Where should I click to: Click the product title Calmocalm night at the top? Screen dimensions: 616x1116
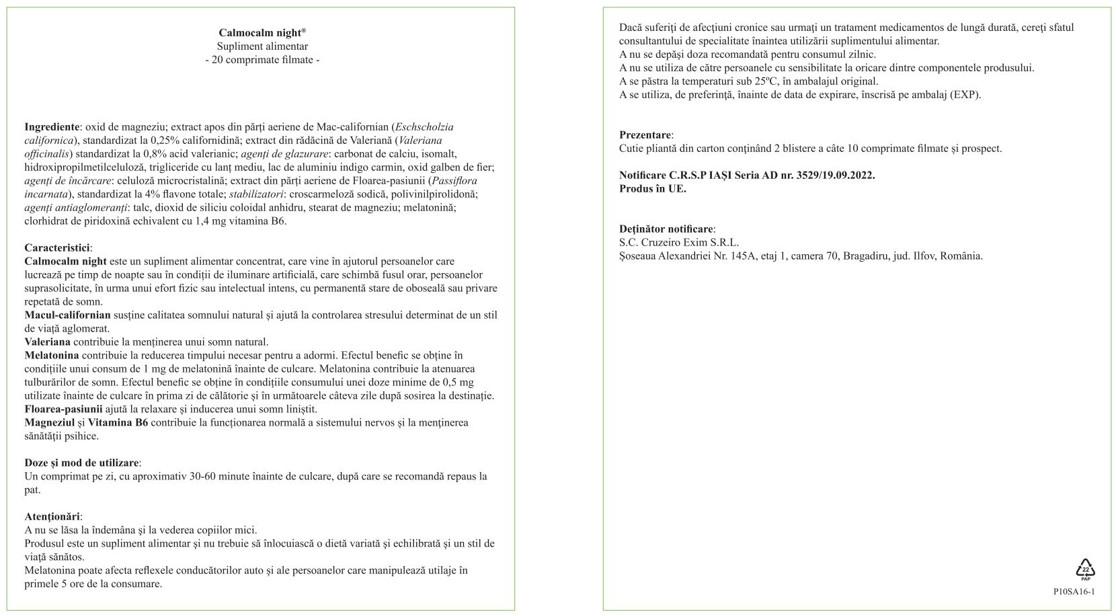(262, 33)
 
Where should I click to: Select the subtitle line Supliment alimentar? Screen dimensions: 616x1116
(262, 46)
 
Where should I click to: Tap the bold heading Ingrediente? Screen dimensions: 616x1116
(52, 126)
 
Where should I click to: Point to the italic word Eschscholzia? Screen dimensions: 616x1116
(424, 126)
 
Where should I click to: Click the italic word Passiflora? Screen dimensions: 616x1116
(454, 180)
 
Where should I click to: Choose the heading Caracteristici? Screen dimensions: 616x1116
(58, 247)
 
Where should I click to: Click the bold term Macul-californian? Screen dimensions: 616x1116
(67, 315)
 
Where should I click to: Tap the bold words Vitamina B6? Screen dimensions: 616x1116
(118, 422)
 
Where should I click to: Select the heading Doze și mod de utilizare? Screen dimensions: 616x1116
(82, 463)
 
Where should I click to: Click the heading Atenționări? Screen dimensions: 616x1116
(52, 516)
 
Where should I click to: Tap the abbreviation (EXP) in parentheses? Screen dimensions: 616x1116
(965, 95)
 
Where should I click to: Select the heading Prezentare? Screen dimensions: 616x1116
(645, 135)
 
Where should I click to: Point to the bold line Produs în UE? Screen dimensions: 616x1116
(652, 189)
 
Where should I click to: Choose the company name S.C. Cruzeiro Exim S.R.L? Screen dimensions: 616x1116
(678, 243)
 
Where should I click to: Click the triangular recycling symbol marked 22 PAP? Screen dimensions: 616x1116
(1085, 569)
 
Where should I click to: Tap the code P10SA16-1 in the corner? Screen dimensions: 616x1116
(1074, 592)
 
